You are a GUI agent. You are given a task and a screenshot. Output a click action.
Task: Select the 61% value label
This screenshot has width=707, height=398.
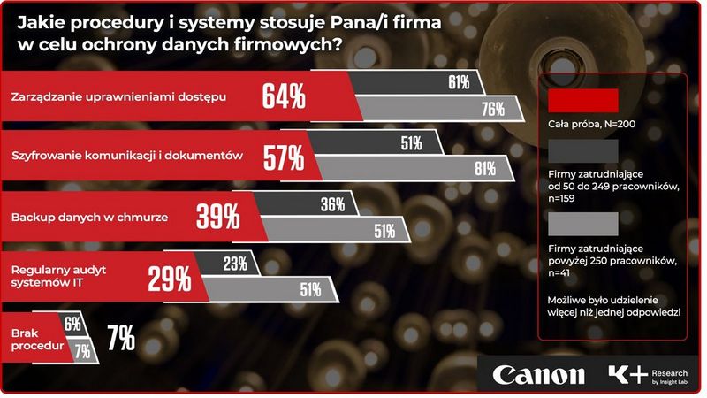click(458, 83)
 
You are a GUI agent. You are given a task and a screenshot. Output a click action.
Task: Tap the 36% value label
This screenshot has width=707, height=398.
click(332, 204)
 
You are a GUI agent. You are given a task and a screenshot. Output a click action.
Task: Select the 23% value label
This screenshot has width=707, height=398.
click(235, 263)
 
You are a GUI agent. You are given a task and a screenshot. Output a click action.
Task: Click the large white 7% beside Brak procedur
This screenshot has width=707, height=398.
click(120, 337)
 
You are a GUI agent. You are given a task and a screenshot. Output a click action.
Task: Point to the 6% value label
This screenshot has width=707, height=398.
click(72, 324)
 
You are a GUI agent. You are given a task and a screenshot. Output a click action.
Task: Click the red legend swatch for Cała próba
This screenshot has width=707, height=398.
click(583, 99)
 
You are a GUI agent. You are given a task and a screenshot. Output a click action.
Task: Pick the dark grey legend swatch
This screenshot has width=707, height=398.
click(583, 149)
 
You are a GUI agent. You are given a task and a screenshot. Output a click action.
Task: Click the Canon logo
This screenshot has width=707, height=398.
click(538, 374)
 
